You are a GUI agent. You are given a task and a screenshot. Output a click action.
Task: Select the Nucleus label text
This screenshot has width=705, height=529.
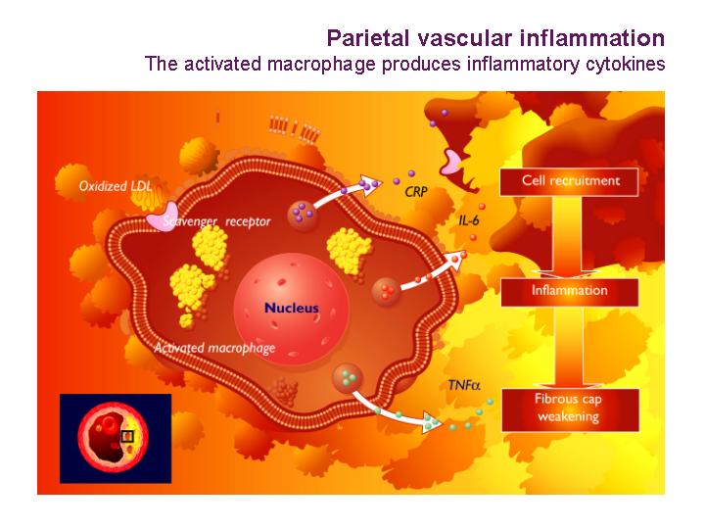pyautogui.click(x=292, y=308)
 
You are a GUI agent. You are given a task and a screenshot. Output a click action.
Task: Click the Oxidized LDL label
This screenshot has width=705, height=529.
pyautogui.click(x=116, y=186)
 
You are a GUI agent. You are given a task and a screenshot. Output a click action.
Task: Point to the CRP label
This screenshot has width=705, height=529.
pyautogui.click(x=416, y=192)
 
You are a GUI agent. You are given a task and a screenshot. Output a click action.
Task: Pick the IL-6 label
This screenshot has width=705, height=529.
pyautogui.click(x=469, y=220)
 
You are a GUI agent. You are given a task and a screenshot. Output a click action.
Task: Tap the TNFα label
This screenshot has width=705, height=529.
pyautogui.click(x=464, y=385)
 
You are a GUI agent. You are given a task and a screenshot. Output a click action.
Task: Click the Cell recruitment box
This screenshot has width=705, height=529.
pyautogui.click(x=569, y=182)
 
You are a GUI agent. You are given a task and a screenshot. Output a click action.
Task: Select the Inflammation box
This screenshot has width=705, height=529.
pyautogui.click(x=570, y=292)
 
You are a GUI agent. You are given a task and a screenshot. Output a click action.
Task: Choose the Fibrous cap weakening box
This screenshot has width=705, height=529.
pyautogui.click(x=570, y=409)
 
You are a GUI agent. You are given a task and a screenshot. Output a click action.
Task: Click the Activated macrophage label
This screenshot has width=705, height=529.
pyautogui.click(x=214, y=348)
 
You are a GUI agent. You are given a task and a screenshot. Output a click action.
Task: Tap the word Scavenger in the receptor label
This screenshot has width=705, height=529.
pyautogui.click(x=190, y=221)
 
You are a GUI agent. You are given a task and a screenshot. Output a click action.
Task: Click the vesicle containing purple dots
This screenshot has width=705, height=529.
pyautogui.click(x=303, y=215)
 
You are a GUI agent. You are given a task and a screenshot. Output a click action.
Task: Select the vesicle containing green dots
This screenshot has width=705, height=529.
pyautogui.click(x=348, y=379)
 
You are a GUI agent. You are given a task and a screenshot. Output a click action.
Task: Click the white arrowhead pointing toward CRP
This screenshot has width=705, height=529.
pyautogui.click(x=370, y=184)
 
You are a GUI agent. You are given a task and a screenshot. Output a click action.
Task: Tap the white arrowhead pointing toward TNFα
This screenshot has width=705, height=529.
pyautogui.click(x=433, y=422)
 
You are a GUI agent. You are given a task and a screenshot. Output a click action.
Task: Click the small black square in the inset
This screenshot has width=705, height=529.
pyautogui.click(x=127, y=436)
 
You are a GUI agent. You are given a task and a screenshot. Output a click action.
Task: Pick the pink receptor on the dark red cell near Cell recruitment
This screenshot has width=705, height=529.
pyautogui.click(x=451, y=163)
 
